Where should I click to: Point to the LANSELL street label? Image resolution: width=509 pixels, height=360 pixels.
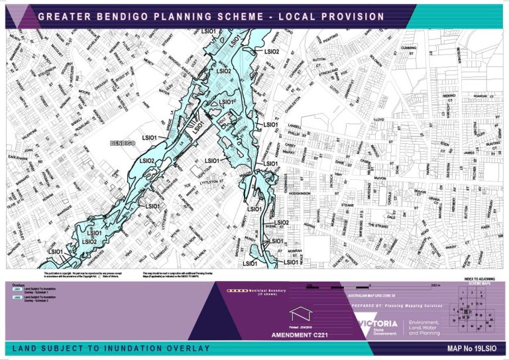294,125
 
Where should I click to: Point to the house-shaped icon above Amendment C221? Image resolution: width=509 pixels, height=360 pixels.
298,314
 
